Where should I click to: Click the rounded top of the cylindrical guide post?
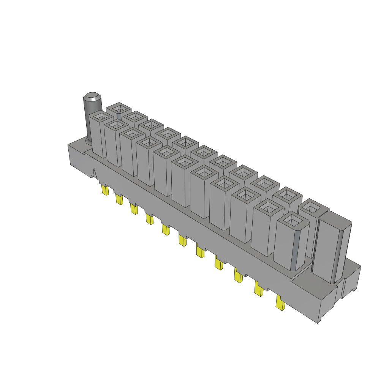tap(93, 96)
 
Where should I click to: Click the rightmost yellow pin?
tap(281, 304)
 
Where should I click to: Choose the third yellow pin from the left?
tap(134, 209)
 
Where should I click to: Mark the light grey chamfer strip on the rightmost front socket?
tap(295, 250)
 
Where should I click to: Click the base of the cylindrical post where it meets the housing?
tap(89, 142)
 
